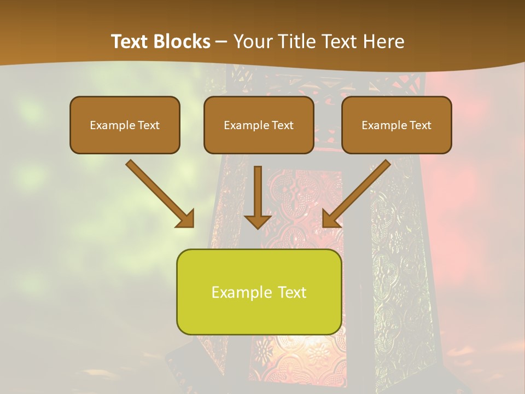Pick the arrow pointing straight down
click(x=258, y=192)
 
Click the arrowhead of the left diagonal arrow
click(x=186, y=219)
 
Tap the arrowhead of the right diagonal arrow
click(x=330, y=219)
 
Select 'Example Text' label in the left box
click(x=125, y=125)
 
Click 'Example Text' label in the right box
click(x=396, y=125)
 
